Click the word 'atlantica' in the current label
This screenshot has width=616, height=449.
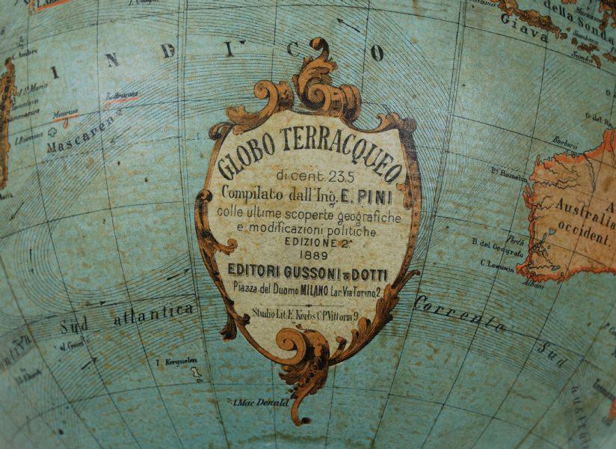(x=153, y=314)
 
